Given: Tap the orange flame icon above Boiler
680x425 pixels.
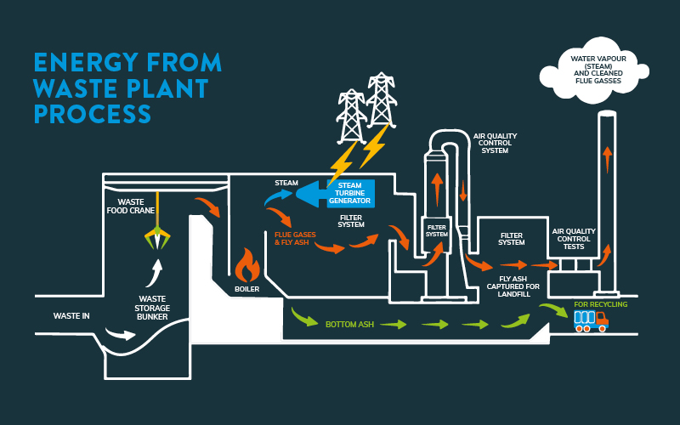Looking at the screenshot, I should (x=247, y=265).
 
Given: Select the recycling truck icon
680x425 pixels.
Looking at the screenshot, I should (x=591, y=320).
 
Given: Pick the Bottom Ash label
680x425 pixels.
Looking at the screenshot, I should (x=348, y=324).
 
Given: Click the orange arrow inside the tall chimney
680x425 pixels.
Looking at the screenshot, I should (x=607, y=158).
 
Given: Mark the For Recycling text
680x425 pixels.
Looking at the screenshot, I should (x=600, y=303).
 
